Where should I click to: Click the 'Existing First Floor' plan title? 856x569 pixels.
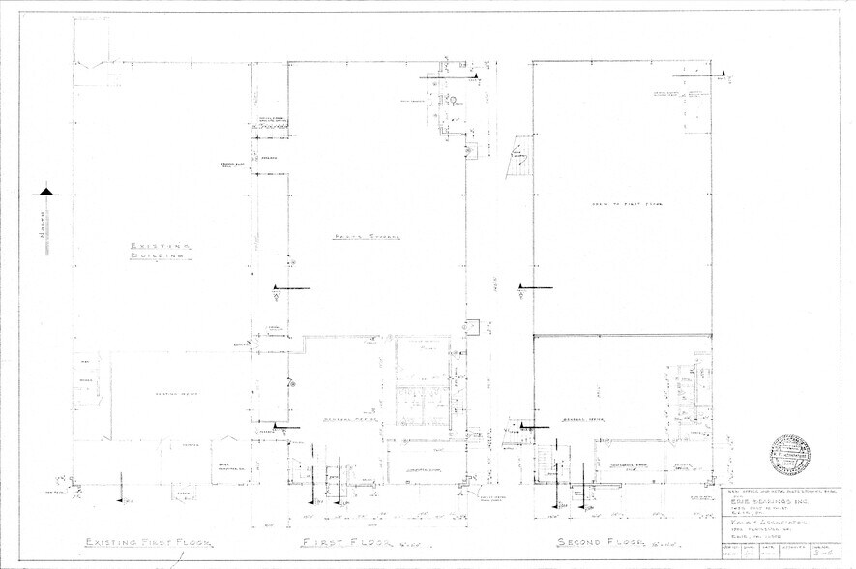[x=147, y=542]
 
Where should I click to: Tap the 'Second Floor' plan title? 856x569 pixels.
[x=588, y=542]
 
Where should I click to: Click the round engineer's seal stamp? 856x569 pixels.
[x=789, y=453]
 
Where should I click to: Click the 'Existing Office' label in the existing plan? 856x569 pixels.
[x=169, y=394]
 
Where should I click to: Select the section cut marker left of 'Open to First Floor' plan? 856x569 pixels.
[x=523, y=286]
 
